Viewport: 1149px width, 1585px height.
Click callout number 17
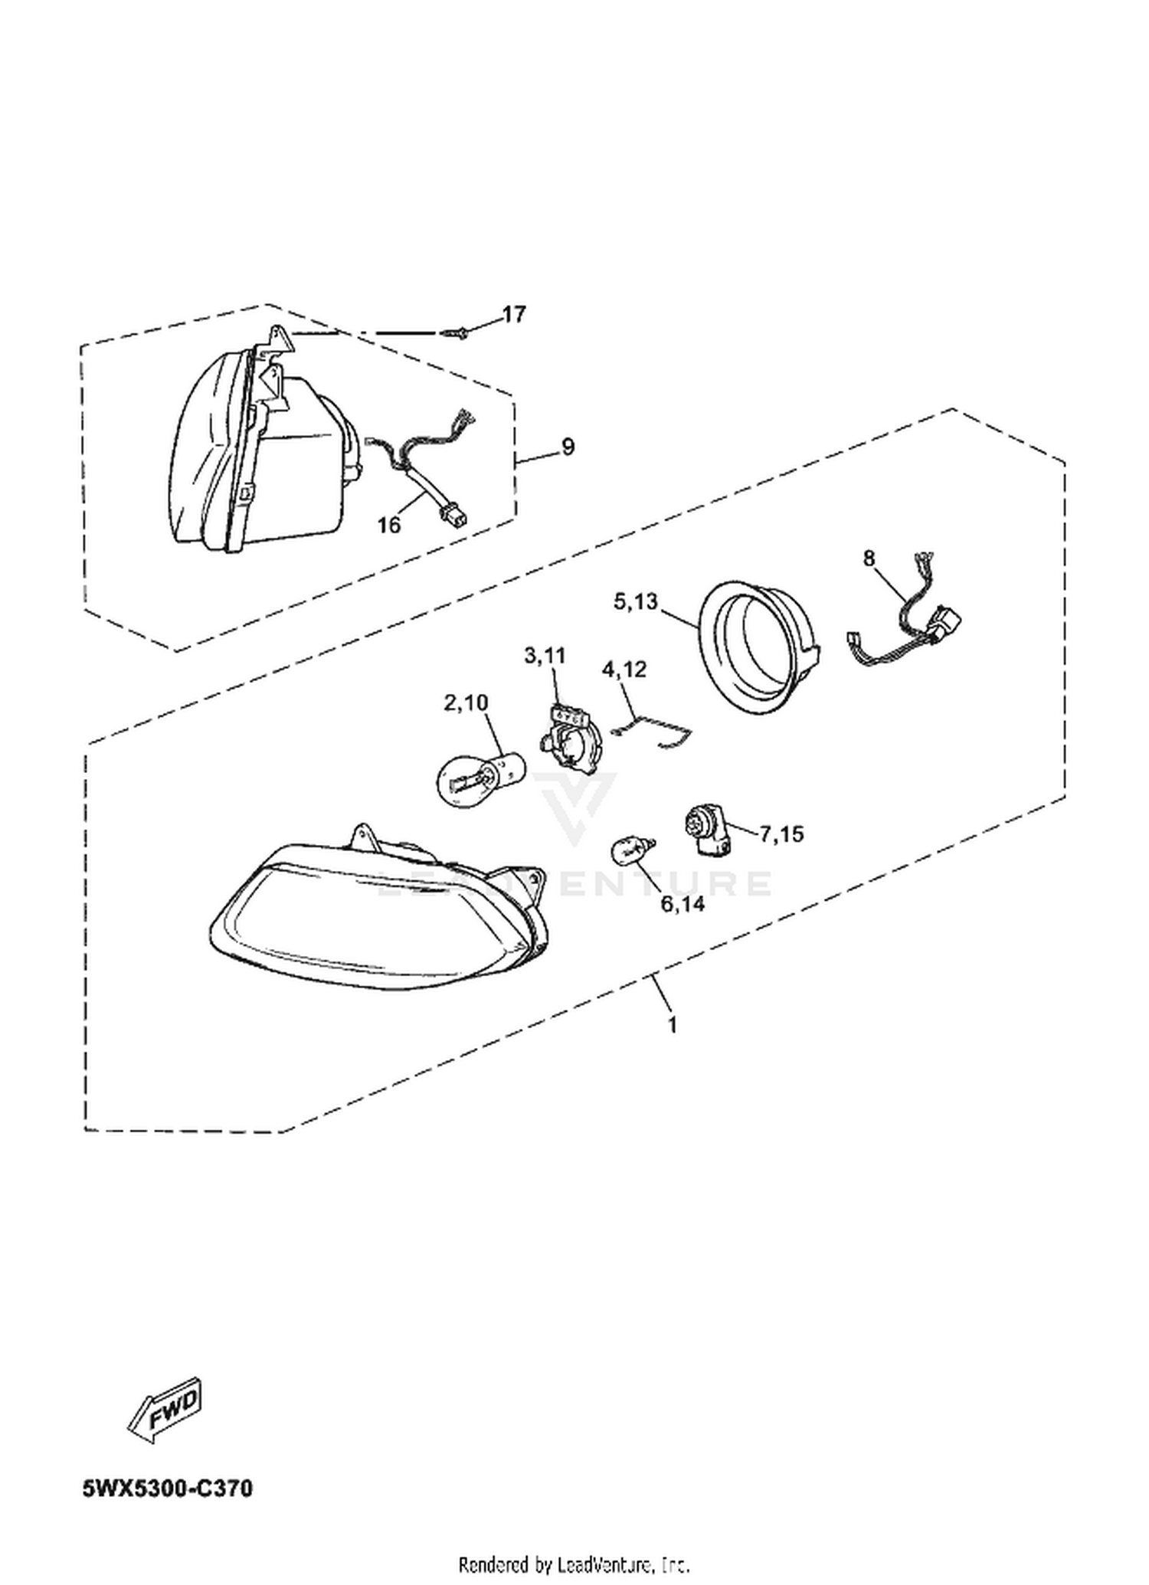pos(515,314)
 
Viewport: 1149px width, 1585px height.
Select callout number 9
pos(568,446)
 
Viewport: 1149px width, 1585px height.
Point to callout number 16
pos(389,525)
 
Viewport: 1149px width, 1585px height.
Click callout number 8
pos(868,558)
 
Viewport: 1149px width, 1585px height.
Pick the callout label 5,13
pos(635,601)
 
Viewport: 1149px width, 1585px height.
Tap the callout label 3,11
pos(545,656)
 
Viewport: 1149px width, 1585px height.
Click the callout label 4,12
pos(624,670)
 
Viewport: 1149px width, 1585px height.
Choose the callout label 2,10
pos(466,702)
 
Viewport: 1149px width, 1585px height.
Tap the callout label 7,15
pos(781,833)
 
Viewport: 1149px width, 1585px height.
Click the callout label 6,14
pos(683,904)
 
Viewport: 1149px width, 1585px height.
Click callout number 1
pos(673,1024)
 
